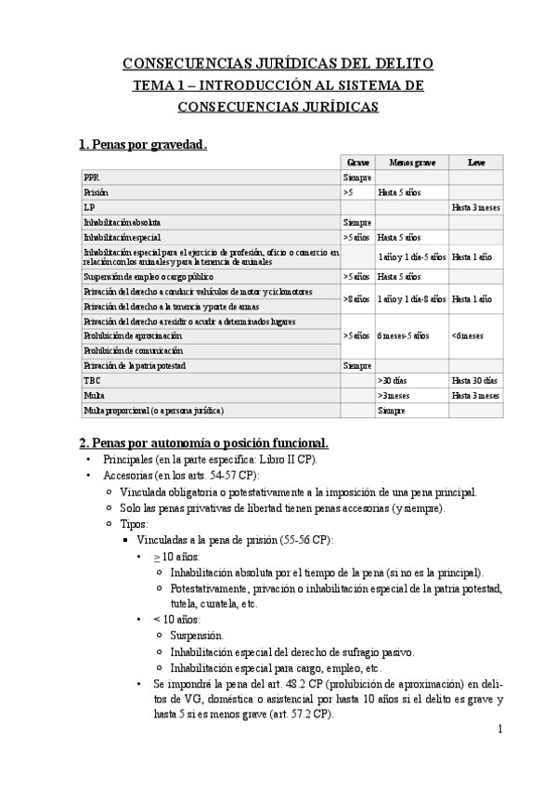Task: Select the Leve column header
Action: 475,162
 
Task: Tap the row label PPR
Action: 91,177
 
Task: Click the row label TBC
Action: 92,380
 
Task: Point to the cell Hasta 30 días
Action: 474,380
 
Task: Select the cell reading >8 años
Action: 357,298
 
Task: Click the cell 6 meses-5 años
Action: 403,335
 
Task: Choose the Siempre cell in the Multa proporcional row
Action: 391,410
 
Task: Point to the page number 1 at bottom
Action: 498,729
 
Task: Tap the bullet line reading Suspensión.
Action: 196,636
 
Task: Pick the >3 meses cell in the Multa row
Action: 394,395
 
